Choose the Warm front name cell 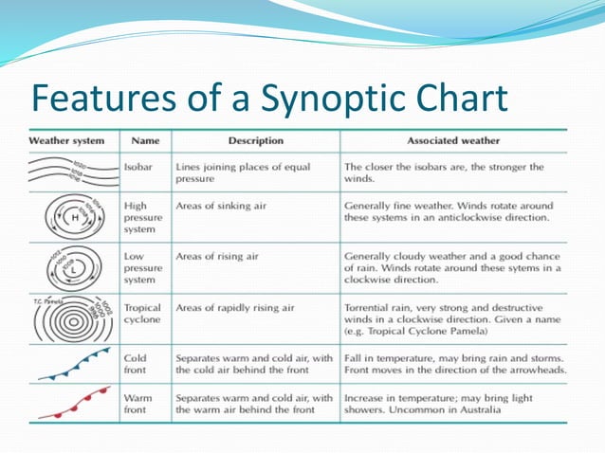coord(138,404)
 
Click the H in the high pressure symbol coord(51,219)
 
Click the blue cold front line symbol coord(70,365)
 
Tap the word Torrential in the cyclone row coord(371,308)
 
